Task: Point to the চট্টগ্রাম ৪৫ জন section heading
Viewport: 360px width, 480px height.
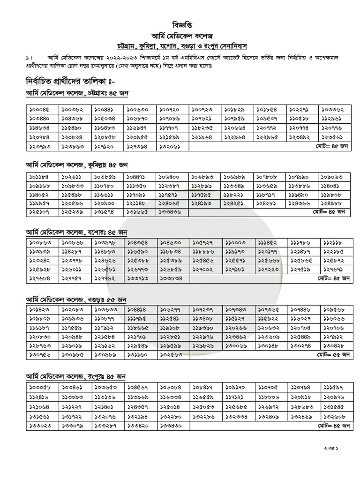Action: point(77,93)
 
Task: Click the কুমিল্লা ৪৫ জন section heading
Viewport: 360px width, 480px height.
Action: point(77,165)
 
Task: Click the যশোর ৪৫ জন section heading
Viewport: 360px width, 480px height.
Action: point(77,232)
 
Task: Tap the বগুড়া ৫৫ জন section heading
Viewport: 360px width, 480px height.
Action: point(77,300)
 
